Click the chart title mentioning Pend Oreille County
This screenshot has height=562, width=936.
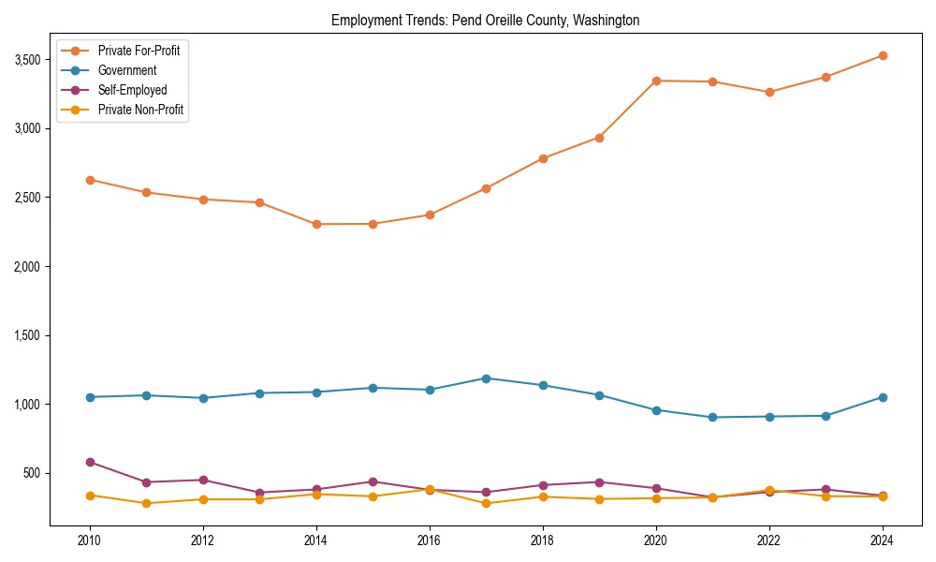click(485, 20)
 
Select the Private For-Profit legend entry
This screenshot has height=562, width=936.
click(139, 51)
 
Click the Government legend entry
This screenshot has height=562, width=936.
click(127, 70)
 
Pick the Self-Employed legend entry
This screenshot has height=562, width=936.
click(132, 90)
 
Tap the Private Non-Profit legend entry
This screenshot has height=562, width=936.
click(140, 110)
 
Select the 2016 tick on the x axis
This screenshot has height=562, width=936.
click(430, 540)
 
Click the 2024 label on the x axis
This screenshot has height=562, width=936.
click(883, 540)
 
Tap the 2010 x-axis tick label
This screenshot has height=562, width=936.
click(90, 540)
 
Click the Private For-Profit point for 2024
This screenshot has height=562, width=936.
click(883, 55)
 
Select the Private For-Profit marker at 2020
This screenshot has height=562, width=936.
click(656, 81)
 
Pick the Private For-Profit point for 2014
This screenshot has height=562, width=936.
click(316, 224)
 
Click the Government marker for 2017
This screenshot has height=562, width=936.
click(486, 378)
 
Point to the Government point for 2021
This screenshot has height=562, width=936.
click(712, 417)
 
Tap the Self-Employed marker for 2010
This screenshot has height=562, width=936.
click(90, 462)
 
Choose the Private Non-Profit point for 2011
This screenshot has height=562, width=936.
click(146, 503)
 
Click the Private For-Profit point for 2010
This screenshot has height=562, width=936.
click(90, 180)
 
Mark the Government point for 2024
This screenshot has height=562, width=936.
click(883, 397)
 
